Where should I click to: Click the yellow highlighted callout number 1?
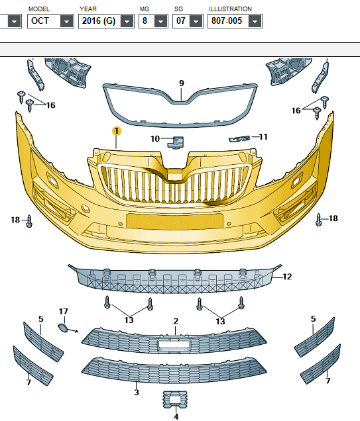pyautogui.click(x=117, y=131)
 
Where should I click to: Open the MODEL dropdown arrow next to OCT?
pyautogui.click(x=66, y=21)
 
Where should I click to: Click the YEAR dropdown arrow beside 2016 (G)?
pyautogui.click(x=127, y=21)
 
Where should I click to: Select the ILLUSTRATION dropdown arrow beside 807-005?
pyautogui.click(x=255, y=21)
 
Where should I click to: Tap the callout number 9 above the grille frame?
pyautogui.click(x=182, y=83)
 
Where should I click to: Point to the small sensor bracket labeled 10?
pyautogui.click(x=176, y=142)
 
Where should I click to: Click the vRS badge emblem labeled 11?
pyautogui.click(x=239, y=139)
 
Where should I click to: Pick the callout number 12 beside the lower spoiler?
pyautogui.click(x=287, y=277)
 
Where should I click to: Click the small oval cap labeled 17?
pyautogui.click(x=63, y=328)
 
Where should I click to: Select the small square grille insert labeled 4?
pyautogui.click(x=175, y=400)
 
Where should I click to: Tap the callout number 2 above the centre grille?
pyautogui.click(x=176, y=321)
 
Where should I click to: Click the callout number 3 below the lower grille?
pyautogui.click(x=137, y=393)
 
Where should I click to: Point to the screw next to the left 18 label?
pyautogui.click(x=29, y=221)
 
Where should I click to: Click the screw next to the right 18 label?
pyautogui.click(x=319, y=220)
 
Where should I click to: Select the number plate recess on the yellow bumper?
pyautogui.click(x=174, y=220)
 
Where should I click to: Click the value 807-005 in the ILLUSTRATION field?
pyautogui.click(x=227, y=21)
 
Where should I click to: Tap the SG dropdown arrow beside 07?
pyautogui.click(x=196, y=21)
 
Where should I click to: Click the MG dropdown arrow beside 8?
pyautogui.click(x=161, y=21)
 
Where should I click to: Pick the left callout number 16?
pyautogui.click(x=51, y=105)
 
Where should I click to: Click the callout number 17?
pyautogui.click(x=64, y=312)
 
